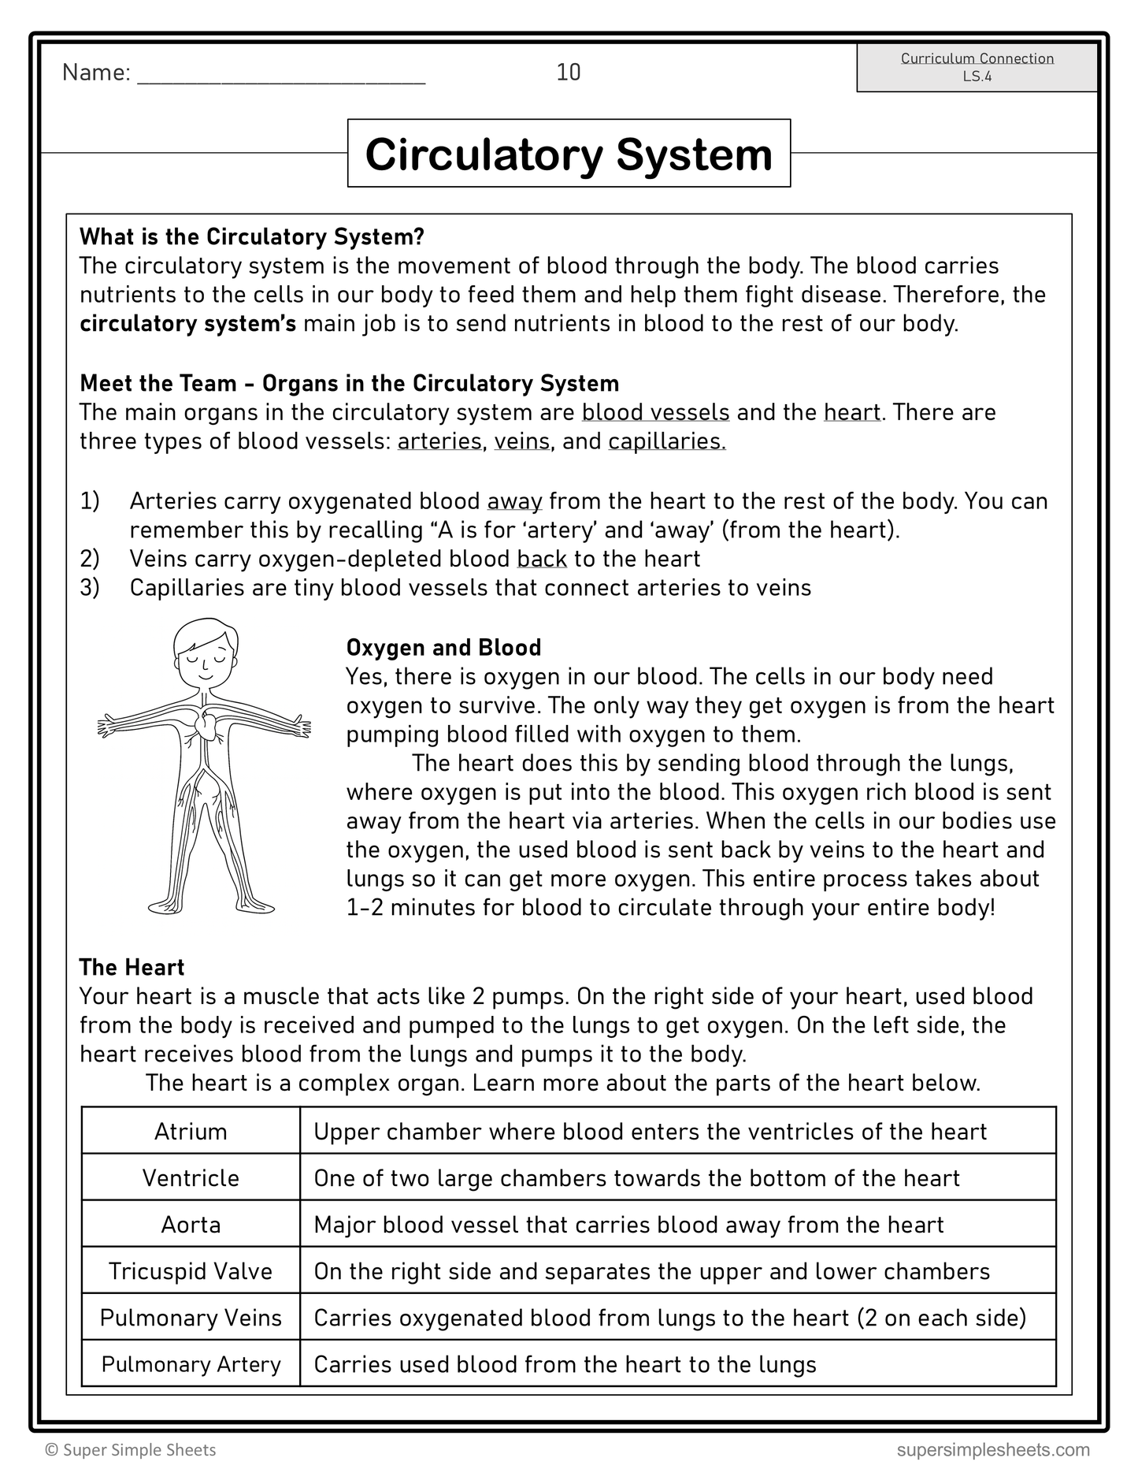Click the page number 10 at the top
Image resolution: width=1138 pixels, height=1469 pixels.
568,73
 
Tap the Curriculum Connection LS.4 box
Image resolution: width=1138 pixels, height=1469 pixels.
977,67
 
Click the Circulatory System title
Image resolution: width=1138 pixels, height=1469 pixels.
569,154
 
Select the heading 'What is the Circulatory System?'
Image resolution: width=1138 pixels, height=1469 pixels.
252,236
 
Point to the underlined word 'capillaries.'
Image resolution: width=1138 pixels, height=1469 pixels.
666,441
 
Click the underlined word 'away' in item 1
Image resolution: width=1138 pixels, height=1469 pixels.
514,501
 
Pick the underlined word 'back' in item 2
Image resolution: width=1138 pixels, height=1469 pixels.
542,559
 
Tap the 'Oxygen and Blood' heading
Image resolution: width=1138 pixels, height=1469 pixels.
443,648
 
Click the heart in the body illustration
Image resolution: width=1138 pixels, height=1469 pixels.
207,723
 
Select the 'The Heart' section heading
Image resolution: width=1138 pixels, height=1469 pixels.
132,967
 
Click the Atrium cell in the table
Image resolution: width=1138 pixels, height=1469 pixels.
191,1132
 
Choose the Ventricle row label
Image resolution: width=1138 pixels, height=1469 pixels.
191,1178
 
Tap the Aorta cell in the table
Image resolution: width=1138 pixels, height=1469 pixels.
191,1225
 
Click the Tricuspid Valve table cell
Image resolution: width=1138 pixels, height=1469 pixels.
191,1271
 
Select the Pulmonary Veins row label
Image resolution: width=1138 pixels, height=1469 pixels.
191,1318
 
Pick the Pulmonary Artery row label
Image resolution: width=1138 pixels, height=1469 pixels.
191,1364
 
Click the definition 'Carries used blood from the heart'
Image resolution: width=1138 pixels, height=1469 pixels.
565,1364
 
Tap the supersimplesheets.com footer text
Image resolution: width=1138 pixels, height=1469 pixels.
992,1449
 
